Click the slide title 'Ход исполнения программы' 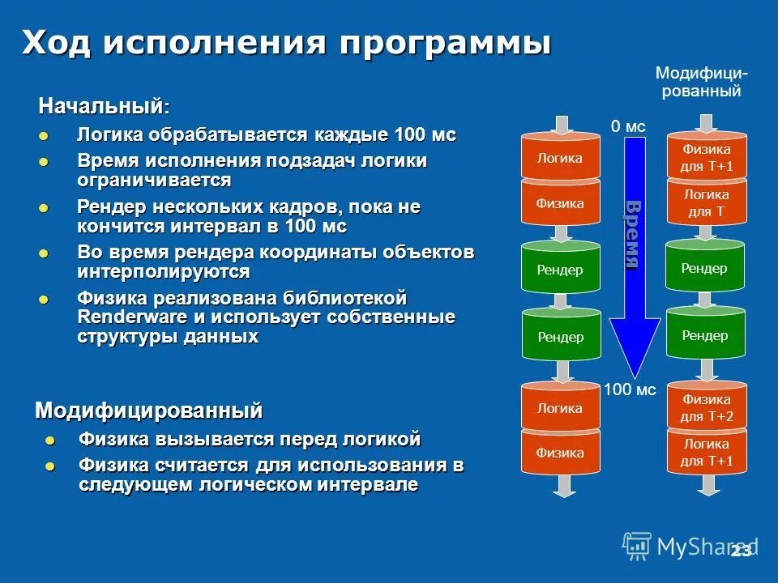[x=287, y=42]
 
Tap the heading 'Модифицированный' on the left [x=149, y=411]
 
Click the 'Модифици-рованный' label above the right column [x=702, y=83]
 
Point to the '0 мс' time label [x=627, y=126]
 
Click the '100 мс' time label [x=630, y=389]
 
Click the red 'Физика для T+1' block [x=705, y=158]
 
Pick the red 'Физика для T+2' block [x=705, y=407]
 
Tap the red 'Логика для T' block [x=705, y=202]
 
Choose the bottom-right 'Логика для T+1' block [x=705, y=452]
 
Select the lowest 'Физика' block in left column [x=560, y=453]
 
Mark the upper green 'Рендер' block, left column [x=560, y=269]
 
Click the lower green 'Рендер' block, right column [x=705, y=335]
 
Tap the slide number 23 [x=740, y=551]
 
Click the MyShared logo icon [x=637, y=547]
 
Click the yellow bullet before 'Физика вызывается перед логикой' [x=51, y=441]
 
